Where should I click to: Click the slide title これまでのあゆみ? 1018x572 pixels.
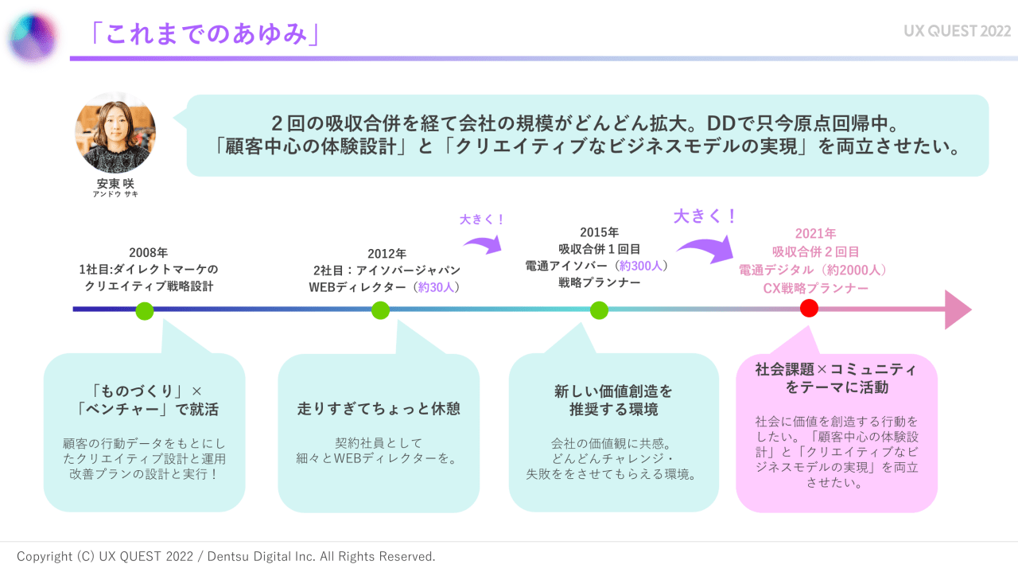click(x=204, y=33)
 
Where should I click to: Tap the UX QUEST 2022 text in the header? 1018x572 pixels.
click(x=957, y=32)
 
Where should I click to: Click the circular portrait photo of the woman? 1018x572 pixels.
click(x=115, y=133)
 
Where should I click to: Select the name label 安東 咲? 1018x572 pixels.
click(x=115, y=183)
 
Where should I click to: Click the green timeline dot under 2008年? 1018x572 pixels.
click(x=144, y=310)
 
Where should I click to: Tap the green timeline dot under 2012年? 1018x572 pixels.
click(x=380, y=310)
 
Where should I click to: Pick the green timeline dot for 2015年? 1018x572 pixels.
click(x=599, y=310)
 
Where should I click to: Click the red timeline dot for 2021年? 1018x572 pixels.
click(x=810, y=309)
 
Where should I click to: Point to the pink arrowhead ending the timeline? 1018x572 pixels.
click(x=958, y=309)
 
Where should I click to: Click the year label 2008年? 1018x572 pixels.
click(x=148, y=252)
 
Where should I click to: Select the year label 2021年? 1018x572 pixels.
click(x=815, y=234)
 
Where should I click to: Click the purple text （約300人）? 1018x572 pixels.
click(x=642, y=265)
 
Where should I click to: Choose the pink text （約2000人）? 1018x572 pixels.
click(x=856, y=270)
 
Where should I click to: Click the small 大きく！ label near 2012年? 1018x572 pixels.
click(x=483, y=219)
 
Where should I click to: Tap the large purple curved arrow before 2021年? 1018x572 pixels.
click(x=705, y=245)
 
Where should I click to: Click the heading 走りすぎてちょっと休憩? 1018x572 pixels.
click(x=379, y=409)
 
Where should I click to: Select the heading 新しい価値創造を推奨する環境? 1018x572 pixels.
click(x=613, y=400)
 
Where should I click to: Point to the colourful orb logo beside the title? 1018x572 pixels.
click(x=33, y=35)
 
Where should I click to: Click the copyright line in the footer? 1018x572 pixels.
click(x=226, y=556)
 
